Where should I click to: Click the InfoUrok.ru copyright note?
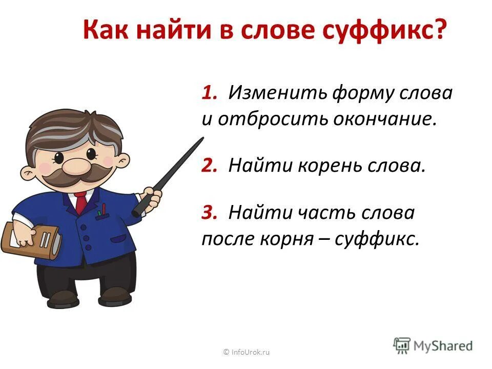(x=246, y=352)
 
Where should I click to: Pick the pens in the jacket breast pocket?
(x=102, y=211)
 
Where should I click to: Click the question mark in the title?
(x=439, y=32)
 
